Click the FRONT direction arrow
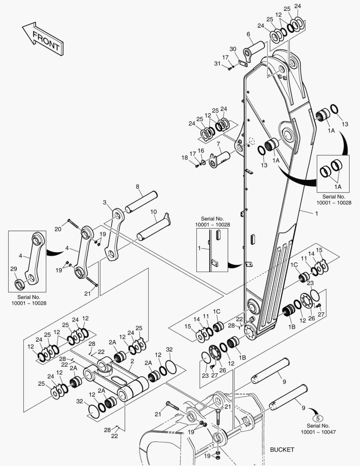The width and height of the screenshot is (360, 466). click(x=43, y=39)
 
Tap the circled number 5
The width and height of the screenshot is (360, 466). click(x=318, y=419)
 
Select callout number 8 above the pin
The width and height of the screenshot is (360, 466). click(x=138, y=187)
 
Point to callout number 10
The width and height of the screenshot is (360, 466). click(x=153, y=212)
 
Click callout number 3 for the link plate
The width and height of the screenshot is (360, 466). click(x=105, y=202)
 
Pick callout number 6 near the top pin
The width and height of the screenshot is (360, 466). click(x=248, y=34)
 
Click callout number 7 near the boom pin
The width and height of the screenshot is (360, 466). click(x=218, y=144)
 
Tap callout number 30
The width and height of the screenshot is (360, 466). click(x=233, y=49)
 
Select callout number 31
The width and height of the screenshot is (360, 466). click(x=217, y=63)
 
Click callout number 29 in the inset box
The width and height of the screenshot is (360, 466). click(x=14, y=269)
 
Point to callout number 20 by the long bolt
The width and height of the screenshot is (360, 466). click(x=58, y=229)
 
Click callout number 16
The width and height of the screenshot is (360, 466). click(x=201, y=151)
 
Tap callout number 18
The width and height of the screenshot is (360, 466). click(x=185, y=157)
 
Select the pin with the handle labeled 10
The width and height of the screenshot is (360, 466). click(x=153, y=227)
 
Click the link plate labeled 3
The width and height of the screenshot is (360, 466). click(x=115, y=234)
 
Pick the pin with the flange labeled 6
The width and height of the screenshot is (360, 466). click(x=254, y=51)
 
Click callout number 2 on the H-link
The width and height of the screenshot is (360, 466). click(x=132, y=362)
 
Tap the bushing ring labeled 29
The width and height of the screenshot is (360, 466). click(x=19, y=284)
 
